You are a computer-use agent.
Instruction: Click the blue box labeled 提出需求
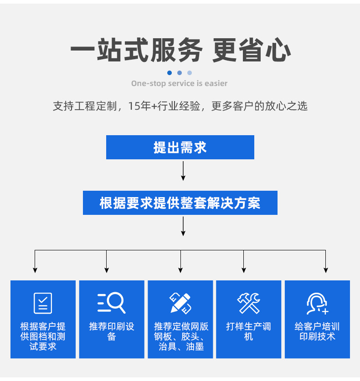[180, 147]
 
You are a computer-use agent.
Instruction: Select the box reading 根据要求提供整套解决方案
[180, 203]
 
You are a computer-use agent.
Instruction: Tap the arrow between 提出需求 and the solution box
[183, 171]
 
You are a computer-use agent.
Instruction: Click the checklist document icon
[43, 303]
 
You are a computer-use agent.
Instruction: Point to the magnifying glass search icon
[112, 303]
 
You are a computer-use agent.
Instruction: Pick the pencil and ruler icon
[180, 303]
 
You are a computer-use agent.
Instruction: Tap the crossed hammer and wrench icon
[249, 303]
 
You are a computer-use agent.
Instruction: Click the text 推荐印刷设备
[112, 332]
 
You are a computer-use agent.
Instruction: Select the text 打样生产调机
[248, 332]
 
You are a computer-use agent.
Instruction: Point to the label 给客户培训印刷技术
[317, 332]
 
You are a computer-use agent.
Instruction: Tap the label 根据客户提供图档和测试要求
[43, 336]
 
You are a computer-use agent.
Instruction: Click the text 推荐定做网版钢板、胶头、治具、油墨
[180, 336]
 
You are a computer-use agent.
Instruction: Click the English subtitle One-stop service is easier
[179, 83]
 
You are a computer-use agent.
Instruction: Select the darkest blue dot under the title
[170, 73]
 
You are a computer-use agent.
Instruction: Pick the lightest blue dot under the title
[190, 73]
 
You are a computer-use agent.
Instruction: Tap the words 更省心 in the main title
[252, 50]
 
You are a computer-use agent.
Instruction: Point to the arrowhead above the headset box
[326, 270]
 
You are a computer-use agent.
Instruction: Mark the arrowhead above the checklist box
[35, 270]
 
